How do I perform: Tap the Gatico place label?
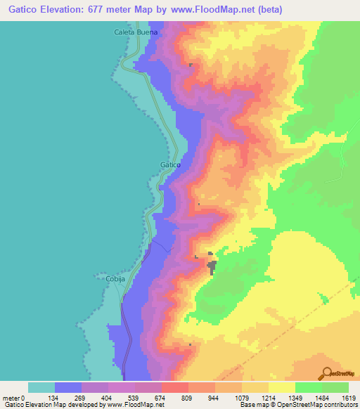(171, 164)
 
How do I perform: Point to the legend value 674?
(162, 398)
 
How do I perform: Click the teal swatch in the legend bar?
(41, 387)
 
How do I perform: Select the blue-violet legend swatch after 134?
(68, 387)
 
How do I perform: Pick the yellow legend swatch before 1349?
(282, 387)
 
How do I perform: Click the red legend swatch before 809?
(175, 387)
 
